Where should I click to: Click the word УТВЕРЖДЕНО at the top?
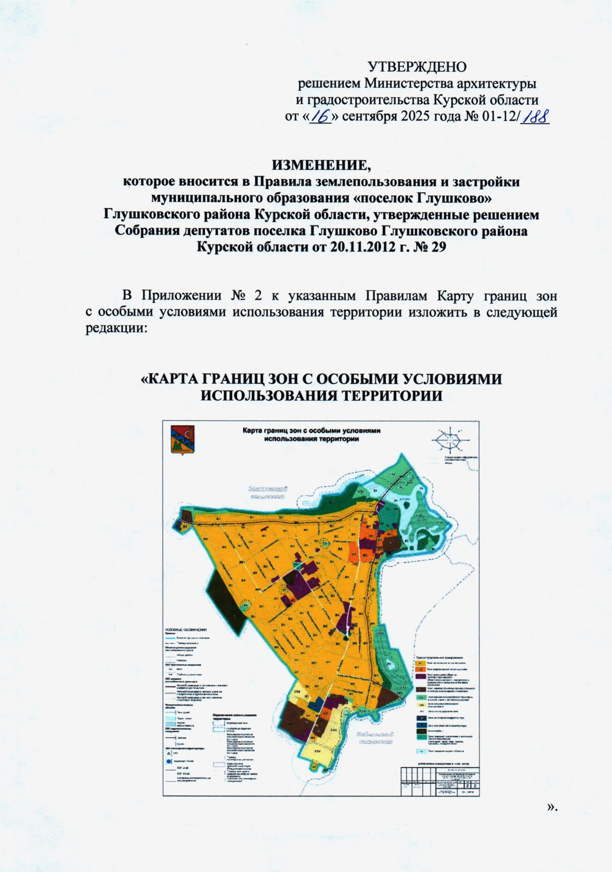click(x=417, y=67)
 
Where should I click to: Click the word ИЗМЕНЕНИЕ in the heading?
click(x=320, y=166)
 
